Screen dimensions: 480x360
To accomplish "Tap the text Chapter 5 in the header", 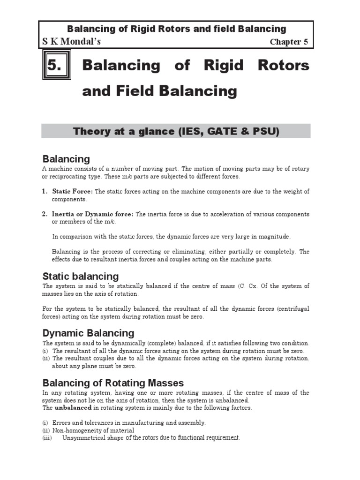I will pos(289,42).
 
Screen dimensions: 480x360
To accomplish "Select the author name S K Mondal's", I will pos(71,42).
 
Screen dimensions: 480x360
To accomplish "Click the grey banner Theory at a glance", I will pos(176,131).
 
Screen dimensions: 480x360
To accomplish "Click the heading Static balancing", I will pos(81,276).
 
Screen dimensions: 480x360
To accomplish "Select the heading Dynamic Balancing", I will pos(88,333).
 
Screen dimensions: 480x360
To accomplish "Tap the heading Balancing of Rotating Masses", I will pos(113,382).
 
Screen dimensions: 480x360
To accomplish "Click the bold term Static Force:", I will pos(73,192).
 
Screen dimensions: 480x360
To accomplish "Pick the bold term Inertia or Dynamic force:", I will pos(93,214).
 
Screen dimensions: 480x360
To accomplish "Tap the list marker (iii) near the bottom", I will pos(46,438).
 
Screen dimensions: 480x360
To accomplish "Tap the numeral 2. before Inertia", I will pos(45,214).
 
